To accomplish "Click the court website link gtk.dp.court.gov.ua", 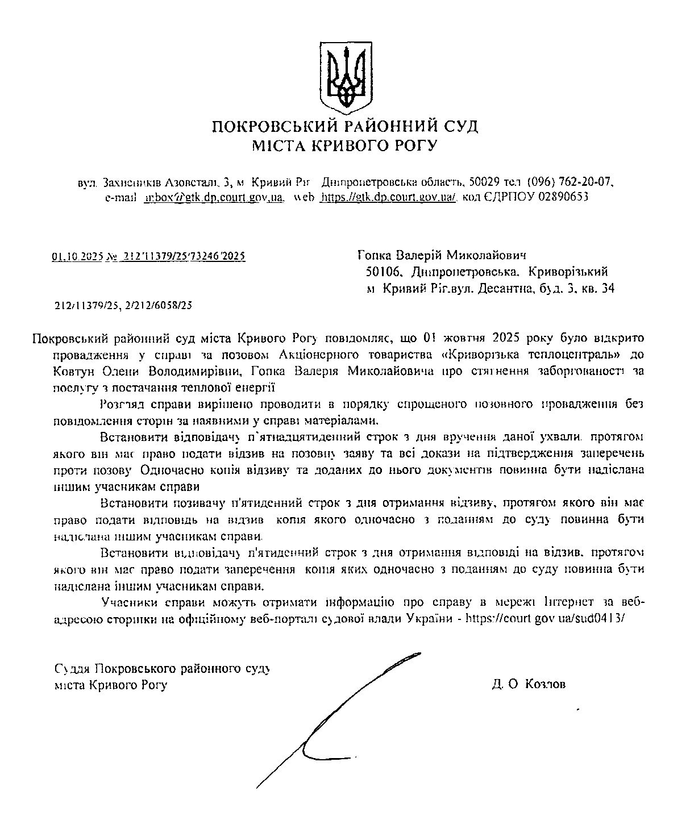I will tap(388, 197).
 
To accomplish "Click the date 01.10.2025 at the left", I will tap(76, 256).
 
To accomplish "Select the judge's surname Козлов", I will tap(546, 684).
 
